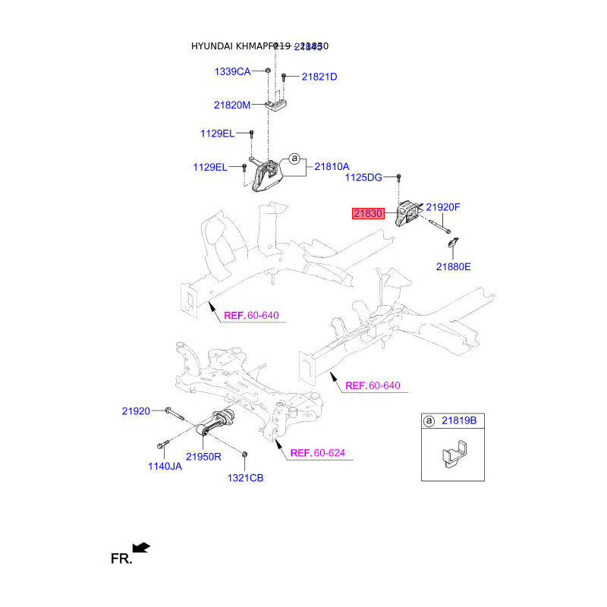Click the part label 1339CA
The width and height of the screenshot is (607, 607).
coord(232,71)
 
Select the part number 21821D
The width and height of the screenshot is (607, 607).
coord(319,77)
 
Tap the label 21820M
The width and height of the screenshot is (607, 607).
coord(232,105)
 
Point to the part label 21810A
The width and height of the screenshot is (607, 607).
coord(332,166)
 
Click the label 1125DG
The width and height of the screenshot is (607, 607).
coord(363,178)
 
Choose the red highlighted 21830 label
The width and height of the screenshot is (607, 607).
coord(368,214)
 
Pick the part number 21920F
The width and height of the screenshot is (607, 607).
coord(443,207)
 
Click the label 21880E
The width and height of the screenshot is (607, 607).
coord(453,266)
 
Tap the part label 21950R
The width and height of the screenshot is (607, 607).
coord(203,457)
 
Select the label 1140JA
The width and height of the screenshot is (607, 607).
coord(164,467)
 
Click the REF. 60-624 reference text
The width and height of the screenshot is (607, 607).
coord(318,453)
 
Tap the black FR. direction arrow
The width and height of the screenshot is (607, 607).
coord(141,547)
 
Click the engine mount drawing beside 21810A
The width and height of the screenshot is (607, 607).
coord(266,176)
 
